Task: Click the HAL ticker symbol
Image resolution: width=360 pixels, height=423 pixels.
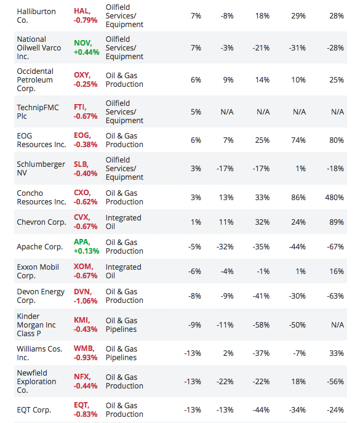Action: [83, 11]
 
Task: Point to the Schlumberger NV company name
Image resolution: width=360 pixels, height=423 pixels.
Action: [41, 169]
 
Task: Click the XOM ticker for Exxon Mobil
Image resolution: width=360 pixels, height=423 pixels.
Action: [84, 267]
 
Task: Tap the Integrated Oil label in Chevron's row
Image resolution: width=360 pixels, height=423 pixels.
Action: [123, 222]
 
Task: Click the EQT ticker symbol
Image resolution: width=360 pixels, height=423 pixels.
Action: [82, 406]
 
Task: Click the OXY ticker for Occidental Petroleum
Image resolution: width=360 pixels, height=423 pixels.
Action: [82, 75]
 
